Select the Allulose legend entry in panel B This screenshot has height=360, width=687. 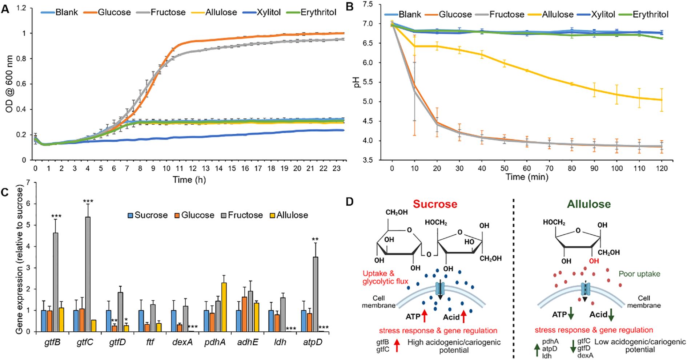[558, 15]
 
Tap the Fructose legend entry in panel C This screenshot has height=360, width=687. [245, 215]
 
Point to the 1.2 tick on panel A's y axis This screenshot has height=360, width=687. [21, 8]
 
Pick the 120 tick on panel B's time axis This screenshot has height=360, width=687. [662, 168]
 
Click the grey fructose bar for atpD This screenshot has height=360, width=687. [316, 294]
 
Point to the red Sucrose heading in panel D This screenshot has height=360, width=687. [435, 204]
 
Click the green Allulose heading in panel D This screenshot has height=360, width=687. [589, 204]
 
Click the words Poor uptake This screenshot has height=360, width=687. [639, 274]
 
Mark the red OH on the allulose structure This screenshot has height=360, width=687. [594, 261]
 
